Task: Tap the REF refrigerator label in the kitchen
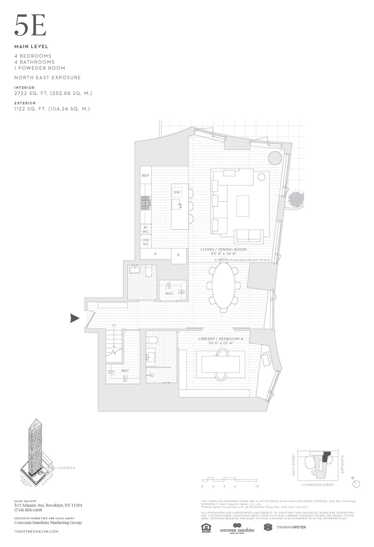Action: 146,176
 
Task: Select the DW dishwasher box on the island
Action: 177,192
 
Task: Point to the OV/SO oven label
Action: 146,242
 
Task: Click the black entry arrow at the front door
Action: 74,318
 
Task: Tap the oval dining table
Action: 224,284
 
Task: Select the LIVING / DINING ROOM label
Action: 224,249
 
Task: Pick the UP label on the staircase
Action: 114,326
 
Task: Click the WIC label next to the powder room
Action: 170,293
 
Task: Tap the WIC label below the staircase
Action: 125,371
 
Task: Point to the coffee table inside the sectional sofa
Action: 242,206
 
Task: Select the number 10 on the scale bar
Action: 257,486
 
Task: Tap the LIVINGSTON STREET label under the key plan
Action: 318,485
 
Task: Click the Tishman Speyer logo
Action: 285,527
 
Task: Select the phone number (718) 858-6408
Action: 28,510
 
